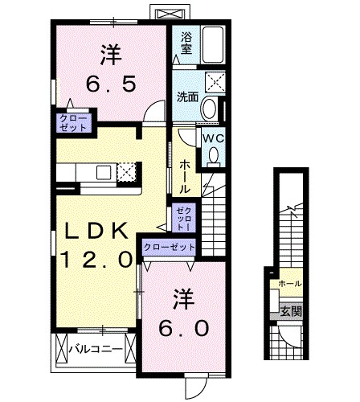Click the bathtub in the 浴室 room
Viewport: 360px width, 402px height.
[x=213, y=45]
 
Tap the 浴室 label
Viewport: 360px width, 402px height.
[x=186, y=43]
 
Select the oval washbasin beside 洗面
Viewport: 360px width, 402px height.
[x=209, y=109]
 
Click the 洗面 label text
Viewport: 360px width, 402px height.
[x=187, y=97]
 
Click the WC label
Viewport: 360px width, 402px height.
[x=213, y=138]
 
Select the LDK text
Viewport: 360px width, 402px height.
[x=96, y=232]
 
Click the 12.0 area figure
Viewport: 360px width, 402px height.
[x=96, y=259]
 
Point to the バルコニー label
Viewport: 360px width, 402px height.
[x=96, y=349]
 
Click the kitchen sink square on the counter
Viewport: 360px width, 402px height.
[x=104, y=173]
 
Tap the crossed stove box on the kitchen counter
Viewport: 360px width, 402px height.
[x=126, y=173]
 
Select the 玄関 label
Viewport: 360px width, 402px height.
[x=291, y=311]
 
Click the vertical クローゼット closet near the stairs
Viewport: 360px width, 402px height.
[x=184, y=218]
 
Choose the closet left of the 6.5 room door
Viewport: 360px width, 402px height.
[x=73, y=124]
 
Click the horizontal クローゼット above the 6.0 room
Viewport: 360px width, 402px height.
[x=170, y=246]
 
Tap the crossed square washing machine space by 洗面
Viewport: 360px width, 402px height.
[x=215, y=82]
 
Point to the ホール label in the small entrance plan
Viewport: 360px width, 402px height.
[x=290, y=284]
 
